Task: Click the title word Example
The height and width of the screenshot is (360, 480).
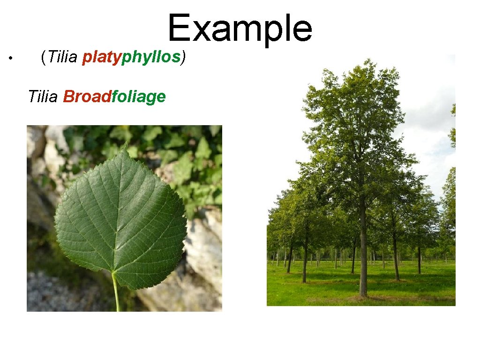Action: tap(240, 28)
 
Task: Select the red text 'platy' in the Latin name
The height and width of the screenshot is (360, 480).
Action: tap(102, 57)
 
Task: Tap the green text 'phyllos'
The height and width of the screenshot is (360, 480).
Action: tap(151, 57)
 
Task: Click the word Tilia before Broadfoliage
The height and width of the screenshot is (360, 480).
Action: tap(43, 97)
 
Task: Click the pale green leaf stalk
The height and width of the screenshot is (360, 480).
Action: tap(115, 293)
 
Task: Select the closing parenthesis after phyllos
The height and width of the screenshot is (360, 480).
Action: tap(184, 57)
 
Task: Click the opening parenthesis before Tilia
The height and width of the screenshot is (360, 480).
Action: tap(43, 57)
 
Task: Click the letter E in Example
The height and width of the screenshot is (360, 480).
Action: tap(177, 28)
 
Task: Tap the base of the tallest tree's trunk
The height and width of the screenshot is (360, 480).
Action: tap(363, 294)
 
